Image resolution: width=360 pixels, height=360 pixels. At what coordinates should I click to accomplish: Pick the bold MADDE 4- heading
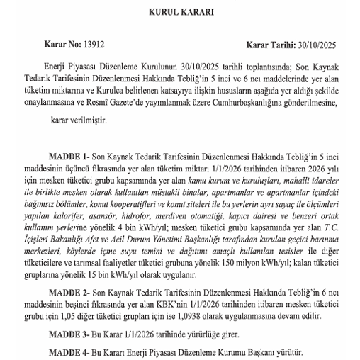tap(69, 351)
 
